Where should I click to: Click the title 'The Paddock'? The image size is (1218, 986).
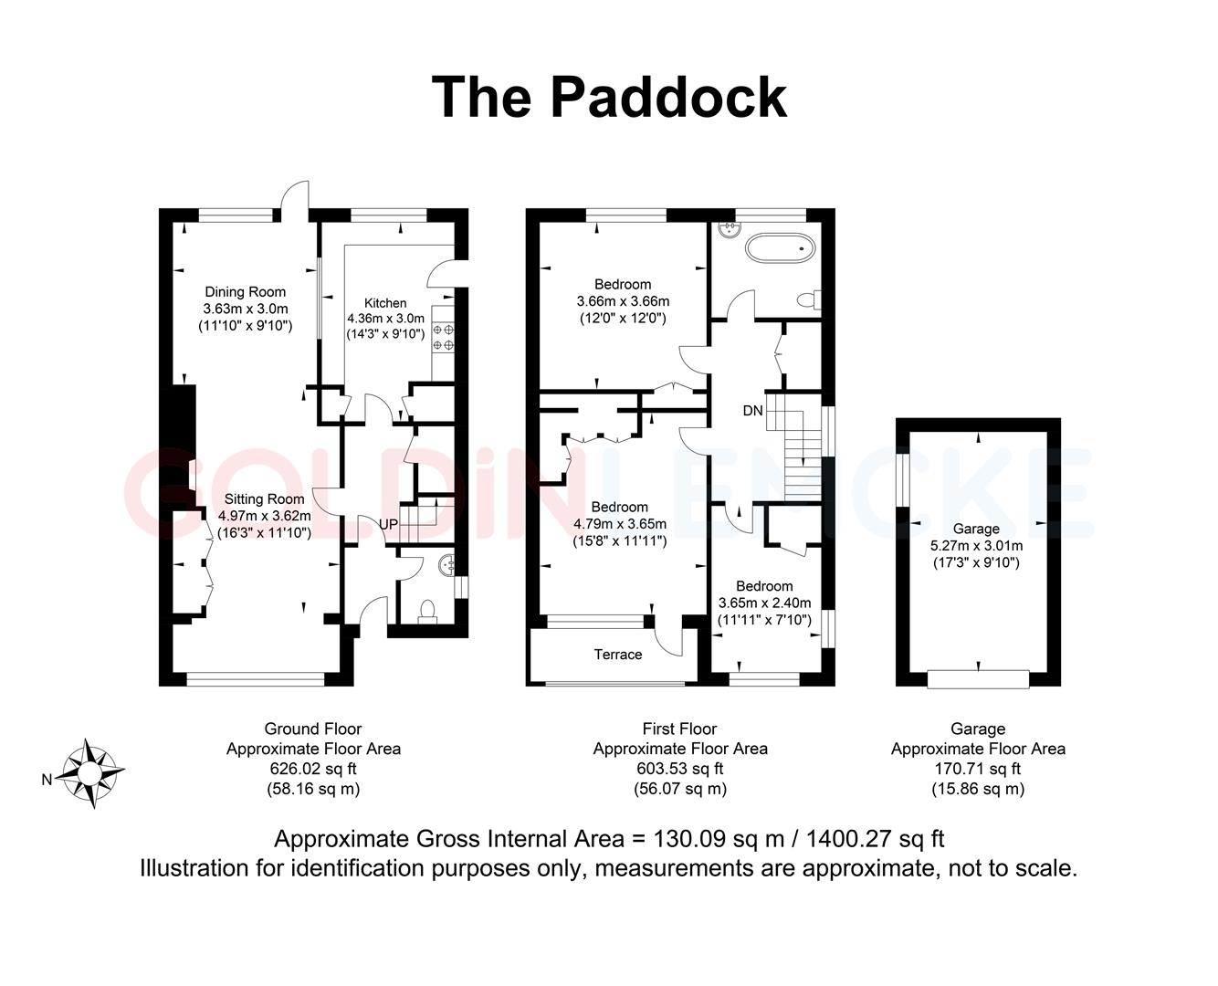tap(608, 97)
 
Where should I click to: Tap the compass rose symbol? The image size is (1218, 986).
tap(91, 773)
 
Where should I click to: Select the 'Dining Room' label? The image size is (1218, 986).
tap(245, 292)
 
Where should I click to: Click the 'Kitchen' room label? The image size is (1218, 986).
tap(385, 303)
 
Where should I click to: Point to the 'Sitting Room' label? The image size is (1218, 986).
tap(264, 499)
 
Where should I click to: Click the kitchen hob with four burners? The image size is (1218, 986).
tap(443, 337)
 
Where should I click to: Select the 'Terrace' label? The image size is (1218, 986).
tap(618, 655)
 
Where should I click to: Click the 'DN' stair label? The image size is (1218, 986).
tap(752, 411)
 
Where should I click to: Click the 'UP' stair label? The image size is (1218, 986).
tap(388, 526)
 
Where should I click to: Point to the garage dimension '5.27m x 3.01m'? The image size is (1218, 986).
tap(976, 546)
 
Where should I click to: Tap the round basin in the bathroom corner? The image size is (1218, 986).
tap(729, 228)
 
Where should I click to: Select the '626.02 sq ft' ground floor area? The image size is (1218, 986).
tap(313, 769)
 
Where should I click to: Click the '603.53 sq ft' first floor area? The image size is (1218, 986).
tap(680, 769)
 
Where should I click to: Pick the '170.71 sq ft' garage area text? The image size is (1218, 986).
tap(978, 769)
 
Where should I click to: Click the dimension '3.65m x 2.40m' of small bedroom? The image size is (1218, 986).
tap(764, 603)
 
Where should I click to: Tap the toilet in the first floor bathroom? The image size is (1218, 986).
tap(808, 299)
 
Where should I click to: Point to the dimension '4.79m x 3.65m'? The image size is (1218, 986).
tap(620, 524)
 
